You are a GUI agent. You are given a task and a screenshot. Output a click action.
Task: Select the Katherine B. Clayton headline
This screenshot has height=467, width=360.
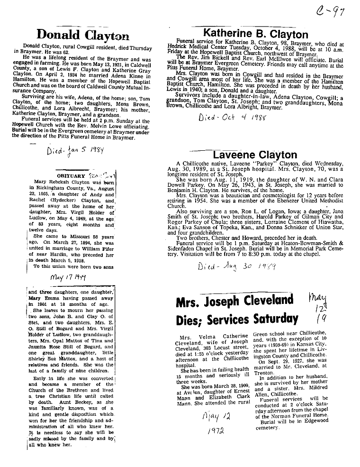(x=255, y=34)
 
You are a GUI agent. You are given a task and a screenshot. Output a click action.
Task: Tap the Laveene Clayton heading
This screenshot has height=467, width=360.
(x=255, y=155)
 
